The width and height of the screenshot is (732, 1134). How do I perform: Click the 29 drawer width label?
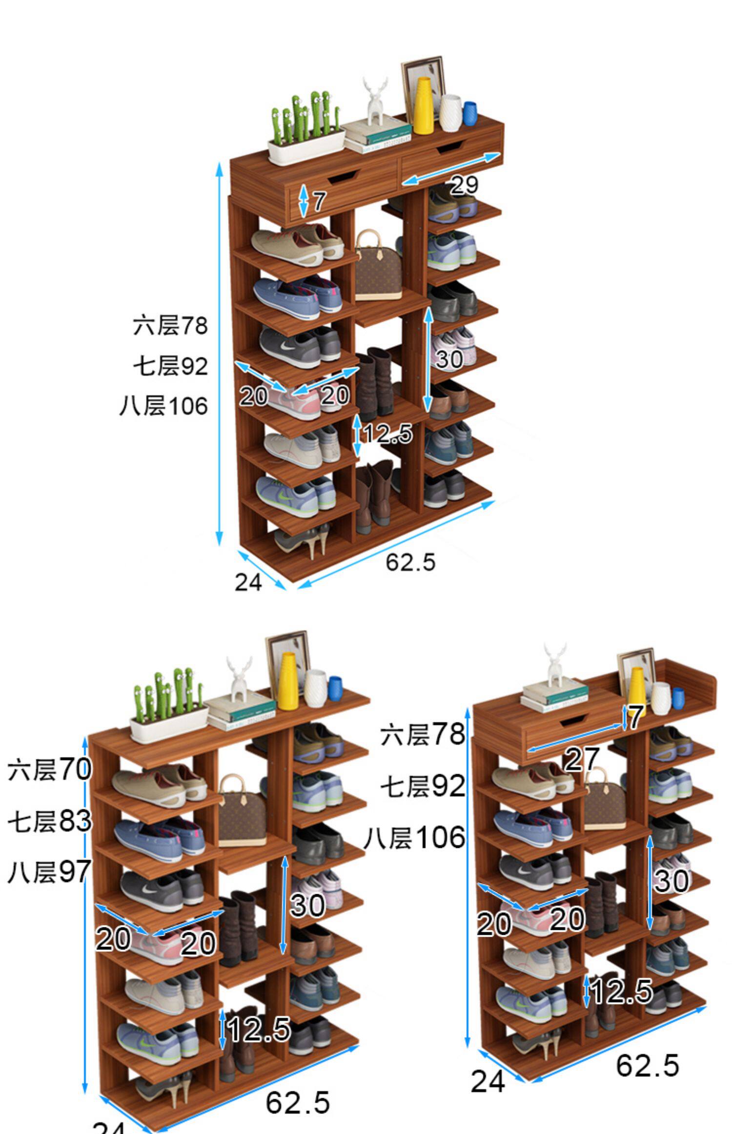pos(464,185)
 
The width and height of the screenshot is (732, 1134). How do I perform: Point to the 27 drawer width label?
pos(581,759)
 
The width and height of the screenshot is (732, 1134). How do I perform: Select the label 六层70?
pos(49,769)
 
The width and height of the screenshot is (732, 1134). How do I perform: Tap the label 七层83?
pos(49,820)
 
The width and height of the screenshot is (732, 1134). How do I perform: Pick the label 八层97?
pos(49,872)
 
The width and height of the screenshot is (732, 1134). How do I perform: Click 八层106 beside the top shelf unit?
pos(163,406)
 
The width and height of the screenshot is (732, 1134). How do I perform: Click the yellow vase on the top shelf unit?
pos(423,105)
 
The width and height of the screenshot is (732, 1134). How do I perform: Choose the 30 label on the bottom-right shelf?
pos(671,881)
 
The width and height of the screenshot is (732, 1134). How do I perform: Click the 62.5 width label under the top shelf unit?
pos(410,562)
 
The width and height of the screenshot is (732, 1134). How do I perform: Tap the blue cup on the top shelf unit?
pos(469,113)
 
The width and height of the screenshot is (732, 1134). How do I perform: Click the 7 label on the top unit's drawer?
pos(319,201)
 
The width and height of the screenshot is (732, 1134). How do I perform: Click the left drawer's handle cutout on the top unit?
pos(344,177)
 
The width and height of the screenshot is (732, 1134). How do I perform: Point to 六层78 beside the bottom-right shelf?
pos(423,734)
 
